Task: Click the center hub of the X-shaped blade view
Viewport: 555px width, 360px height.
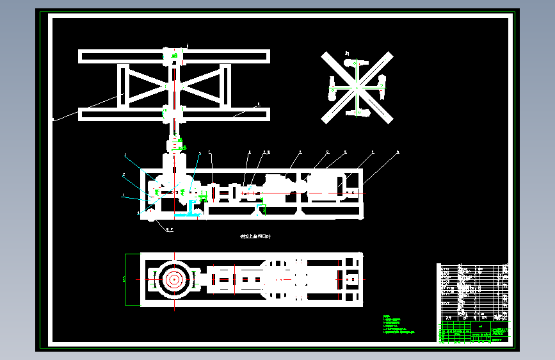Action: [357, 86]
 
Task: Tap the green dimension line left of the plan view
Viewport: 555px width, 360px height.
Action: [124, 279]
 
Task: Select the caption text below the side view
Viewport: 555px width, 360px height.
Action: [254, 237]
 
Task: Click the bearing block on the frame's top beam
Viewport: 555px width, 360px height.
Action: [173, 56]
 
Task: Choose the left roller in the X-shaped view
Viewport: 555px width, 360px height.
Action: [332, 88]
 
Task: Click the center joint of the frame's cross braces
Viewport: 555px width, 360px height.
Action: [173, 85]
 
